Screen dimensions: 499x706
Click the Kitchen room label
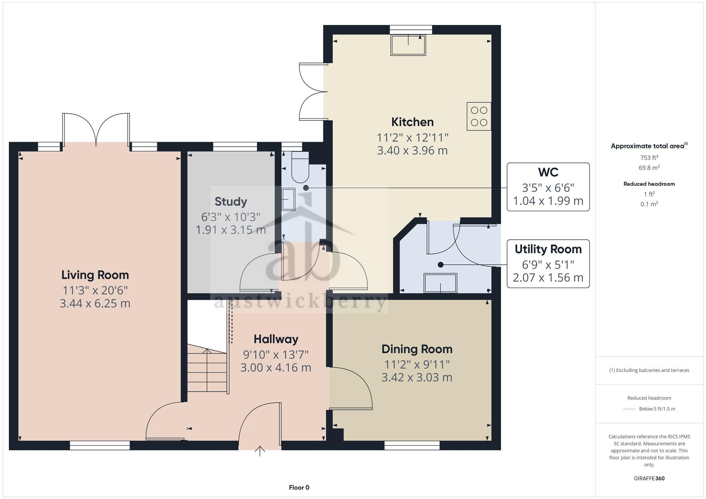click(x=412, y=122)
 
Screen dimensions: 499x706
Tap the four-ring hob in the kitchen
click(x=479, y=116)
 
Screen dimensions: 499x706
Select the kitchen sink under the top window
click(x=408, y=45)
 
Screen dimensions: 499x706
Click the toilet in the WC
click(x=300, y=168)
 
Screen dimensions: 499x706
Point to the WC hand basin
click(x=288, y=199)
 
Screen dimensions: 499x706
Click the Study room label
click(x=231, y=202)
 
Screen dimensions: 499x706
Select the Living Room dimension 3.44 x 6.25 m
click(x=95, y=303)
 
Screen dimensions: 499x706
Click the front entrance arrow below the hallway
click(x=260, y=451)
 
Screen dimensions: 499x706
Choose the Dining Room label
click(x=417, y=349)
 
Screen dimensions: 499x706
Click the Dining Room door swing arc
click(x=357, y=384)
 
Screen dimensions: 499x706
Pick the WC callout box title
click(x=548, y=172)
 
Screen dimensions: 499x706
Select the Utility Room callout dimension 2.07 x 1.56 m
click(x=548, y=278)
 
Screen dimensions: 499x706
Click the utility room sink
click(x=440, y=283)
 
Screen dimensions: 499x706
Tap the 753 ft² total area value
click(x=649, y=158)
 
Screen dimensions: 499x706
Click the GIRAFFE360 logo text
click(x=649, y=479)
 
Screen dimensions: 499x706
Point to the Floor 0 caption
click(x=299, y=488)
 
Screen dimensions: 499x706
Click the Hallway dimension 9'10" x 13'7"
click(x=276, y=354)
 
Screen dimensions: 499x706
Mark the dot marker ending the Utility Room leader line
click(x=440, y=264)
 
